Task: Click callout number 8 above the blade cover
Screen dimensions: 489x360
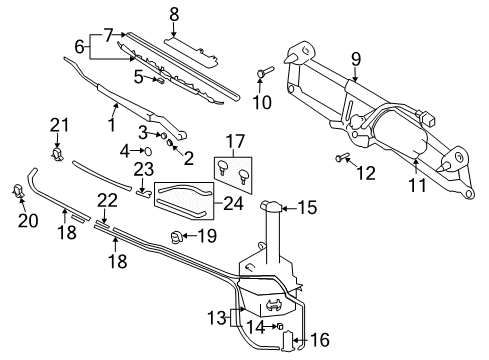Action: coord(174,15)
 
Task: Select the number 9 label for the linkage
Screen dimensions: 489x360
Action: coord(356,59)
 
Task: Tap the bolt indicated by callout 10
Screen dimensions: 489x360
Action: coord(264,71)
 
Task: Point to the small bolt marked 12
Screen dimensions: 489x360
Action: coord(341,157)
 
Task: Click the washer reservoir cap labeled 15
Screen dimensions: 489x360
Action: coord(272,207)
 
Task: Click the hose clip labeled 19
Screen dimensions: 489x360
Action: coord(175,237)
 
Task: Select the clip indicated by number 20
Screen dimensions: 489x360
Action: coord(17,190)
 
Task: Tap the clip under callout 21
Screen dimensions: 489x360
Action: coord(58,154)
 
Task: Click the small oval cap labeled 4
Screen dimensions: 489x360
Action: coord(148,151)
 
